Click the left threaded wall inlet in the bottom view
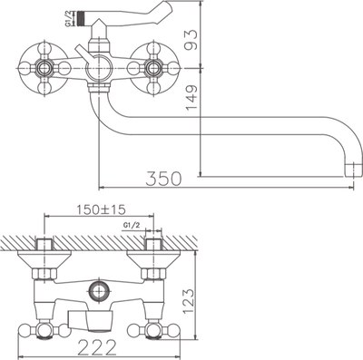(x=45, y=247)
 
